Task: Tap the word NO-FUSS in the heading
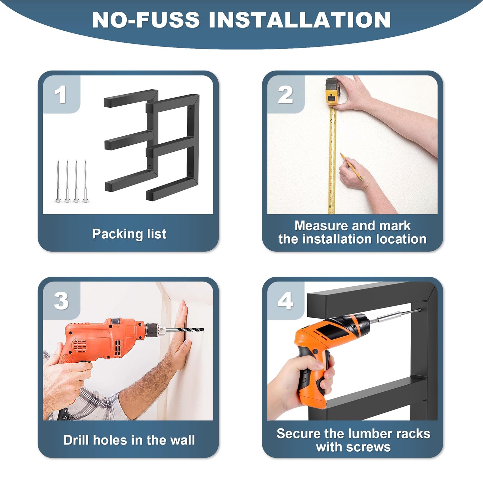coord(146,20)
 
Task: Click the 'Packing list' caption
coord(129,234)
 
